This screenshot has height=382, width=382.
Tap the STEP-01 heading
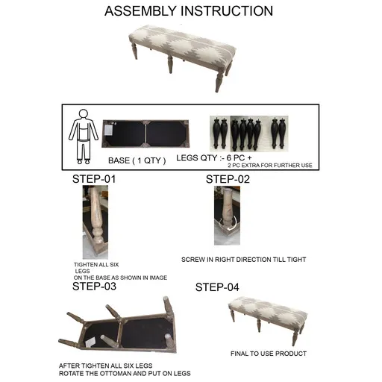94,179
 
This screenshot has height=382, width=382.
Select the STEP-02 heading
228,179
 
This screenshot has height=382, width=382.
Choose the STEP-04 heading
217,287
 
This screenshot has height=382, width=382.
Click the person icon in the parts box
83,135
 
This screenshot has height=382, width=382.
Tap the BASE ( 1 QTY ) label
140,160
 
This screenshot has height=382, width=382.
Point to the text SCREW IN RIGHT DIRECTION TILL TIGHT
243,260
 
